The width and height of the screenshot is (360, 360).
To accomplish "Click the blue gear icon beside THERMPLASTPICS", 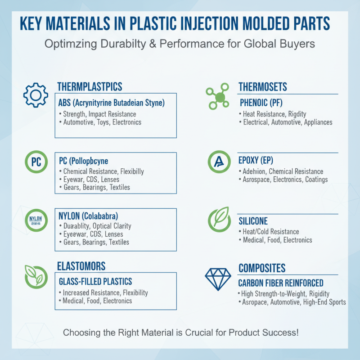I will (x=36, y=95).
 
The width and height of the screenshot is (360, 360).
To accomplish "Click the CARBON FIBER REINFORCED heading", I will (x=280, y=283).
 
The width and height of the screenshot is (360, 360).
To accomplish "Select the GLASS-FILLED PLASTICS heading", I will (x=95, y=282).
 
